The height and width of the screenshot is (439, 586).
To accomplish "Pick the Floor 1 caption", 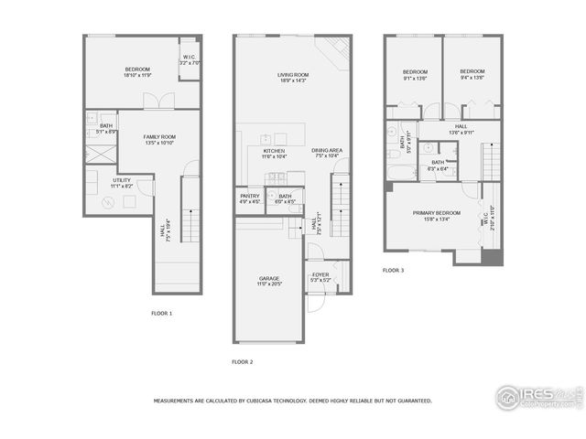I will click(x=162, y=313).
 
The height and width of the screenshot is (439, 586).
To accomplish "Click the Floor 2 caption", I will click(x=242, y=361).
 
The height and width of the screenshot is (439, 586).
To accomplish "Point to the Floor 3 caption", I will click(x=393, y=270).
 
